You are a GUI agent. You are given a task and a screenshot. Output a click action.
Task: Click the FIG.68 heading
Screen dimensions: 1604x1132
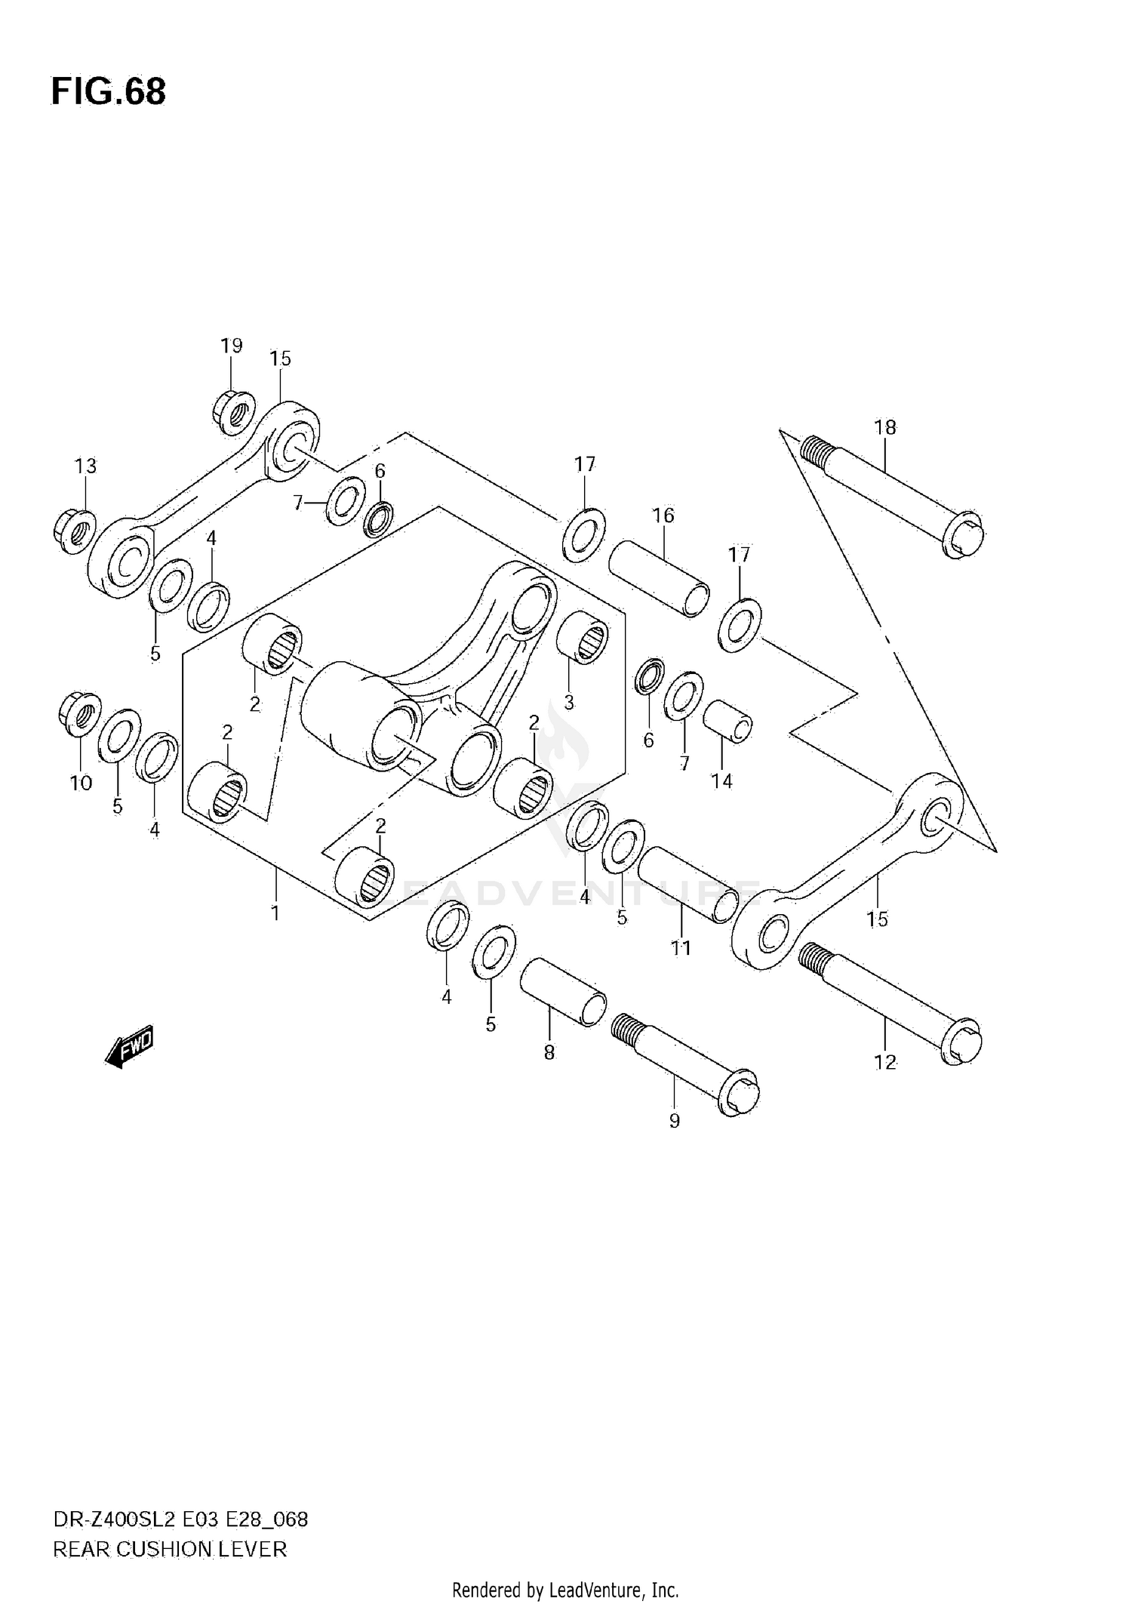point(108,92)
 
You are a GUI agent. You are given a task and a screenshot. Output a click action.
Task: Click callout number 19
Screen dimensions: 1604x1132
point(232,346)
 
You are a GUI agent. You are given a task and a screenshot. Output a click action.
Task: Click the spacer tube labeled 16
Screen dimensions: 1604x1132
point(659,577)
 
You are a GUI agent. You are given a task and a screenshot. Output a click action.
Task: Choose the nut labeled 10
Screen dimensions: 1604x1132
point(79,712)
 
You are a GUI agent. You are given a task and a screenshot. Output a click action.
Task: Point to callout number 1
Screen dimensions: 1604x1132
point(275,913)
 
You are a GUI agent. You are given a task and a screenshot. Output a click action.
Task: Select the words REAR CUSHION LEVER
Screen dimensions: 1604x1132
point(170,1550)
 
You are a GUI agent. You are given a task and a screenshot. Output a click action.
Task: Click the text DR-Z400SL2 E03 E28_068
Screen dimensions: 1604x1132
point(180,1519)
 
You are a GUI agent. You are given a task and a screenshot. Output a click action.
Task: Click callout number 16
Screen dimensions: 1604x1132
point(663,516)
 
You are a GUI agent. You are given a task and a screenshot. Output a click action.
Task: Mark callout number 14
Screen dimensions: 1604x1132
point(721,781)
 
